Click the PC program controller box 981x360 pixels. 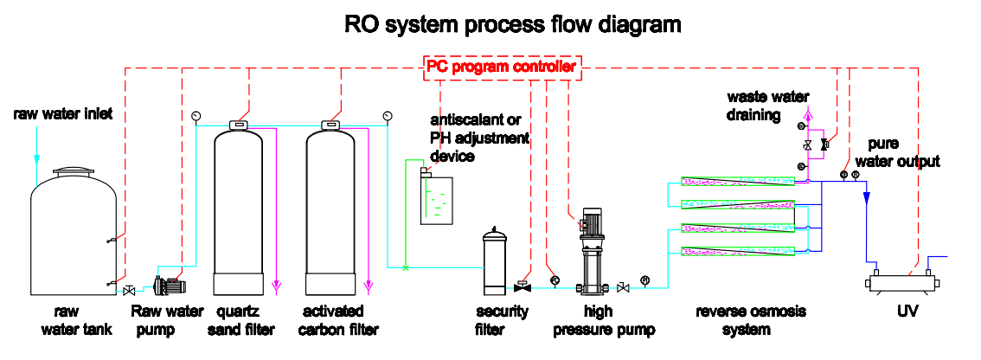502,67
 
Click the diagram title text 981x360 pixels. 512,24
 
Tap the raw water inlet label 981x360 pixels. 62,113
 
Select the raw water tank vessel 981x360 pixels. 74,234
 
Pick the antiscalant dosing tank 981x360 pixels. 436,201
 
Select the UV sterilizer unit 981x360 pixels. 902,282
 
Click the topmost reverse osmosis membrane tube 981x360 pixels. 737,181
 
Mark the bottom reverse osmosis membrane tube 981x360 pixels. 737,252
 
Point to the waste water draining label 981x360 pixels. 753,106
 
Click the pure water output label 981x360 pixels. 903,153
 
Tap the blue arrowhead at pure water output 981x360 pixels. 866,198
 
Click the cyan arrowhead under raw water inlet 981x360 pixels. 36,158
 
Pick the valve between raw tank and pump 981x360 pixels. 129,290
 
